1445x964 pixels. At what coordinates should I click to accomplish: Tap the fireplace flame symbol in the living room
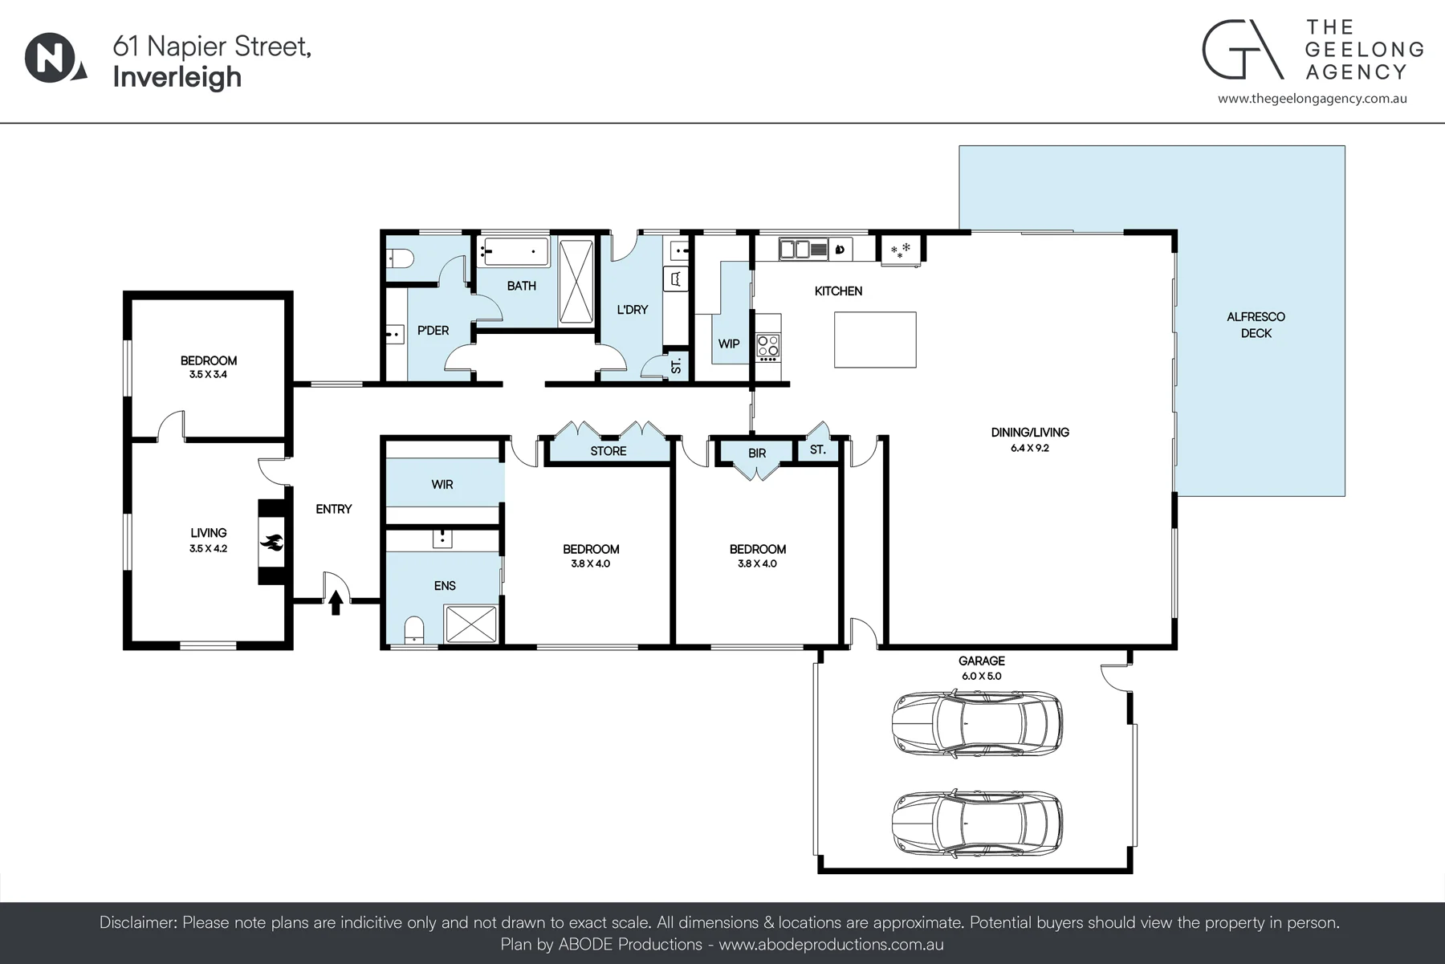272,544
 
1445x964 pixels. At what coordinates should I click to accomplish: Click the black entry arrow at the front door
336,603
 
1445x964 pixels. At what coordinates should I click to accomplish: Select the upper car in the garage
977,722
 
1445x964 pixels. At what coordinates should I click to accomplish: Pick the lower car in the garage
977,823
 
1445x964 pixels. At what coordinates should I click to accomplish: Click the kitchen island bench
875,340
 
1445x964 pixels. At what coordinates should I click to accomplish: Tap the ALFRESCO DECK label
1256,325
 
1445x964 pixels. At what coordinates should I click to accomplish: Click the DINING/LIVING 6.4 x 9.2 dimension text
1030,448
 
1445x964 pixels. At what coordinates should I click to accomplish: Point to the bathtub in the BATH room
515,251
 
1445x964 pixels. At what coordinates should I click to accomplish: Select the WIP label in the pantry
729,344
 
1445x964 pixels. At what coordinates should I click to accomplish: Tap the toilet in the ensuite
414,630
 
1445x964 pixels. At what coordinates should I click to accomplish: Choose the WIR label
442,485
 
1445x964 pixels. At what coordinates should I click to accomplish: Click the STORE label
609,451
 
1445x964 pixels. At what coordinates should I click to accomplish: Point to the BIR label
757,454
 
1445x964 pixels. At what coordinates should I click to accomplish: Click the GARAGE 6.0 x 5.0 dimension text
982,676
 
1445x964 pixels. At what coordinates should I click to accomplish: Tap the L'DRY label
633,310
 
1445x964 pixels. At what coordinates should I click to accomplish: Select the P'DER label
433,331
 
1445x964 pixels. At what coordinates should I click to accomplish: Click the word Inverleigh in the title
177,77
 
